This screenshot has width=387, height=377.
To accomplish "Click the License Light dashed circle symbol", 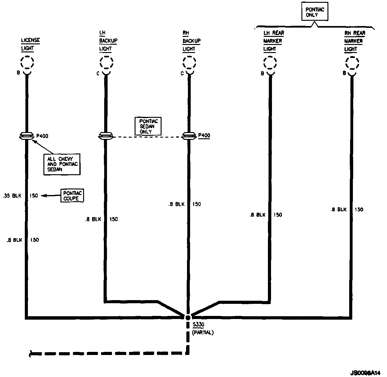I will click(27, 62).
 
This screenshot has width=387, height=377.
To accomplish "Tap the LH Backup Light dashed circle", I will click(106, 62).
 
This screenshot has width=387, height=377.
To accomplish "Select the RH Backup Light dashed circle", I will click(189, 62).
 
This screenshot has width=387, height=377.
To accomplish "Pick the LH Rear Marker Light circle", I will click(270, 63).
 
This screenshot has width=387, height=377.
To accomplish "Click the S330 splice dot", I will click(188, 317).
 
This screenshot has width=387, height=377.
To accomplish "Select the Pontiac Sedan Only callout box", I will click(148, 126).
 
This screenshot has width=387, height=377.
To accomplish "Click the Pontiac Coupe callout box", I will click(72, 196).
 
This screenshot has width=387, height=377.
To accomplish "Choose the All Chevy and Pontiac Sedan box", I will click(62, 164).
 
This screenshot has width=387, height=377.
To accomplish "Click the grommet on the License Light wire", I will click(27, 136).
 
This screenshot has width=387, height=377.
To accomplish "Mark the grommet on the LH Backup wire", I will click(106, 136).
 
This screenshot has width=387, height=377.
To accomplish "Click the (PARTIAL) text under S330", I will click(203, 333).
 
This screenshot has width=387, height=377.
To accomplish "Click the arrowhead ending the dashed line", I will click(31, 353).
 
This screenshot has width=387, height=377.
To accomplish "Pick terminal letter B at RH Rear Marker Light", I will click(344, 73).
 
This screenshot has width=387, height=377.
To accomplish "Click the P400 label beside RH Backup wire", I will click(204, 135).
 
